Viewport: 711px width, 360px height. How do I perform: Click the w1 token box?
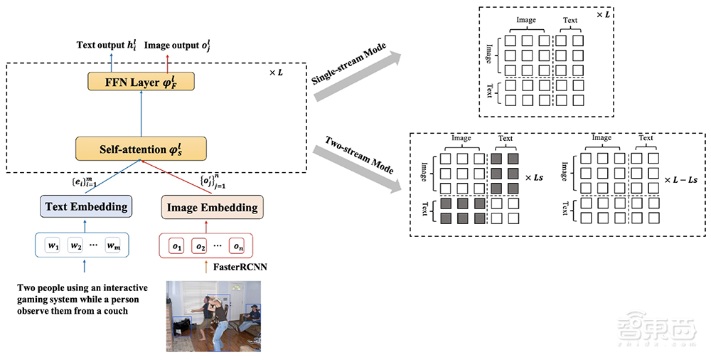pos(53,245)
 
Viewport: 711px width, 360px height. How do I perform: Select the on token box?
pos(238,245)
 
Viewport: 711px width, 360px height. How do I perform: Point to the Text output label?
pos(107,46)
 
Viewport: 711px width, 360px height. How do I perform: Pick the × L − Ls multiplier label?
pos(683,180)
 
